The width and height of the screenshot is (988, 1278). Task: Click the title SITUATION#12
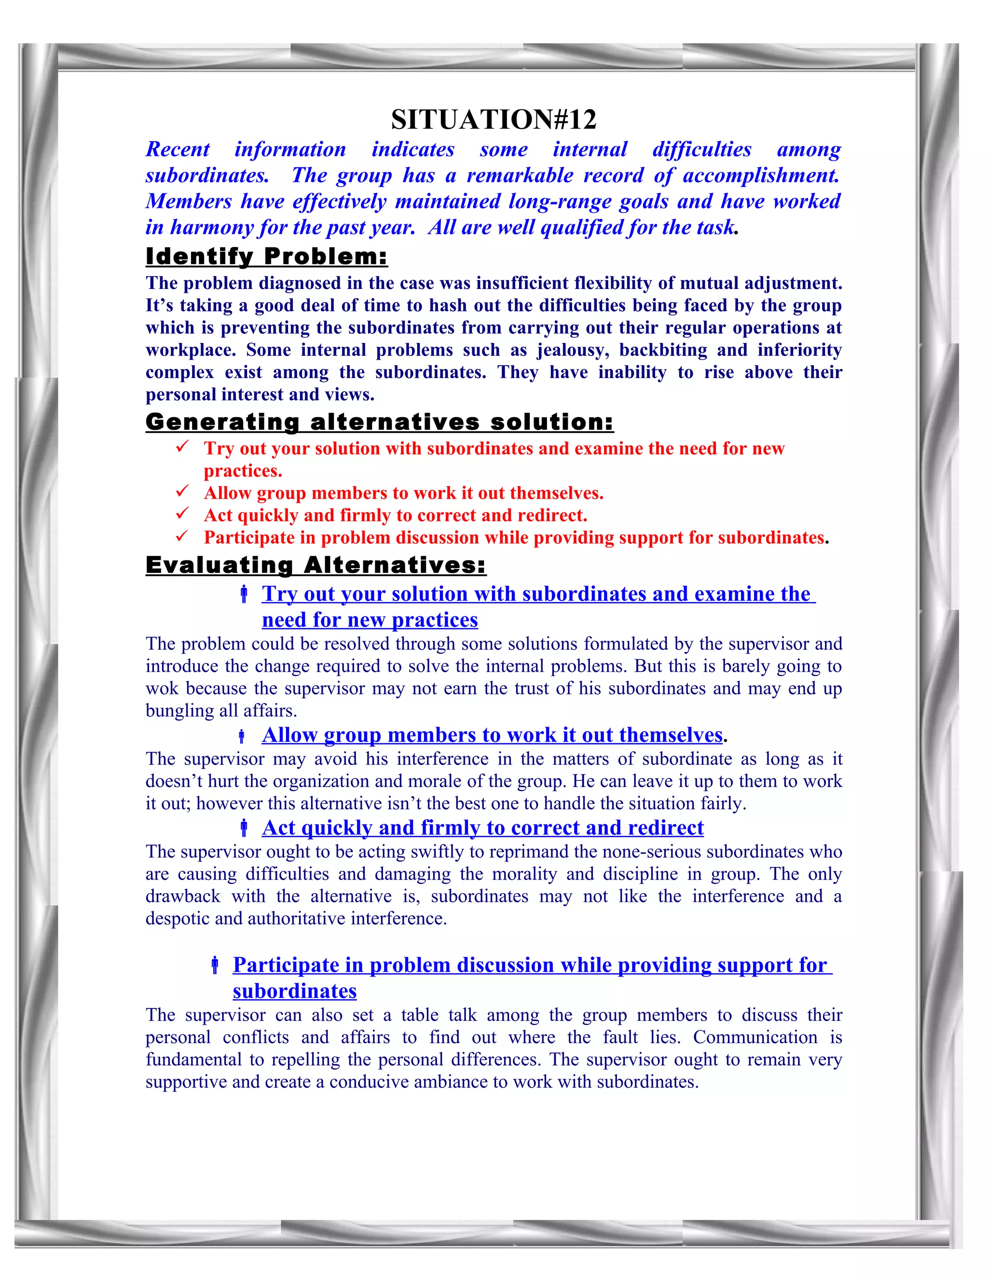point(494,120)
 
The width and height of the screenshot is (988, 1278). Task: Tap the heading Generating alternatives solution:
point(379,422)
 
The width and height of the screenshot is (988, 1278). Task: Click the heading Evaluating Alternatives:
point(316,565)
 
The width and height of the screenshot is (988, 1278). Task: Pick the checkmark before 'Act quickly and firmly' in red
point(182,513)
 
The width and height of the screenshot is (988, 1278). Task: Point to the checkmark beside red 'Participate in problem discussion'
point(182,535)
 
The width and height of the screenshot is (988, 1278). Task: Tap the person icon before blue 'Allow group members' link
point(241,736)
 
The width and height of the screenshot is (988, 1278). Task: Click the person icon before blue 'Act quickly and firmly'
point(244,828)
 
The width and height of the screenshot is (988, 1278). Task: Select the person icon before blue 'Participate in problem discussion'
point(215,965)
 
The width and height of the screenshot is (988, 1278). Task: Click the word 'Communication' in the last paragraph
point(755,1037)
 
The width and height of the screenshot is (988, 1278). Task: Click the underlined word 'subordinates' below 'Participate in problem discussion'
point(294,991)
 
